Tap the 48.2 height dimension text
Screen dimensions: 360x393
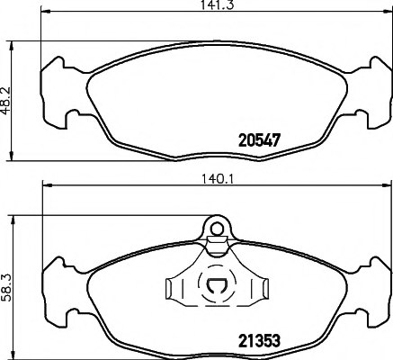pyautogui.click(x=8, y=96)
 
